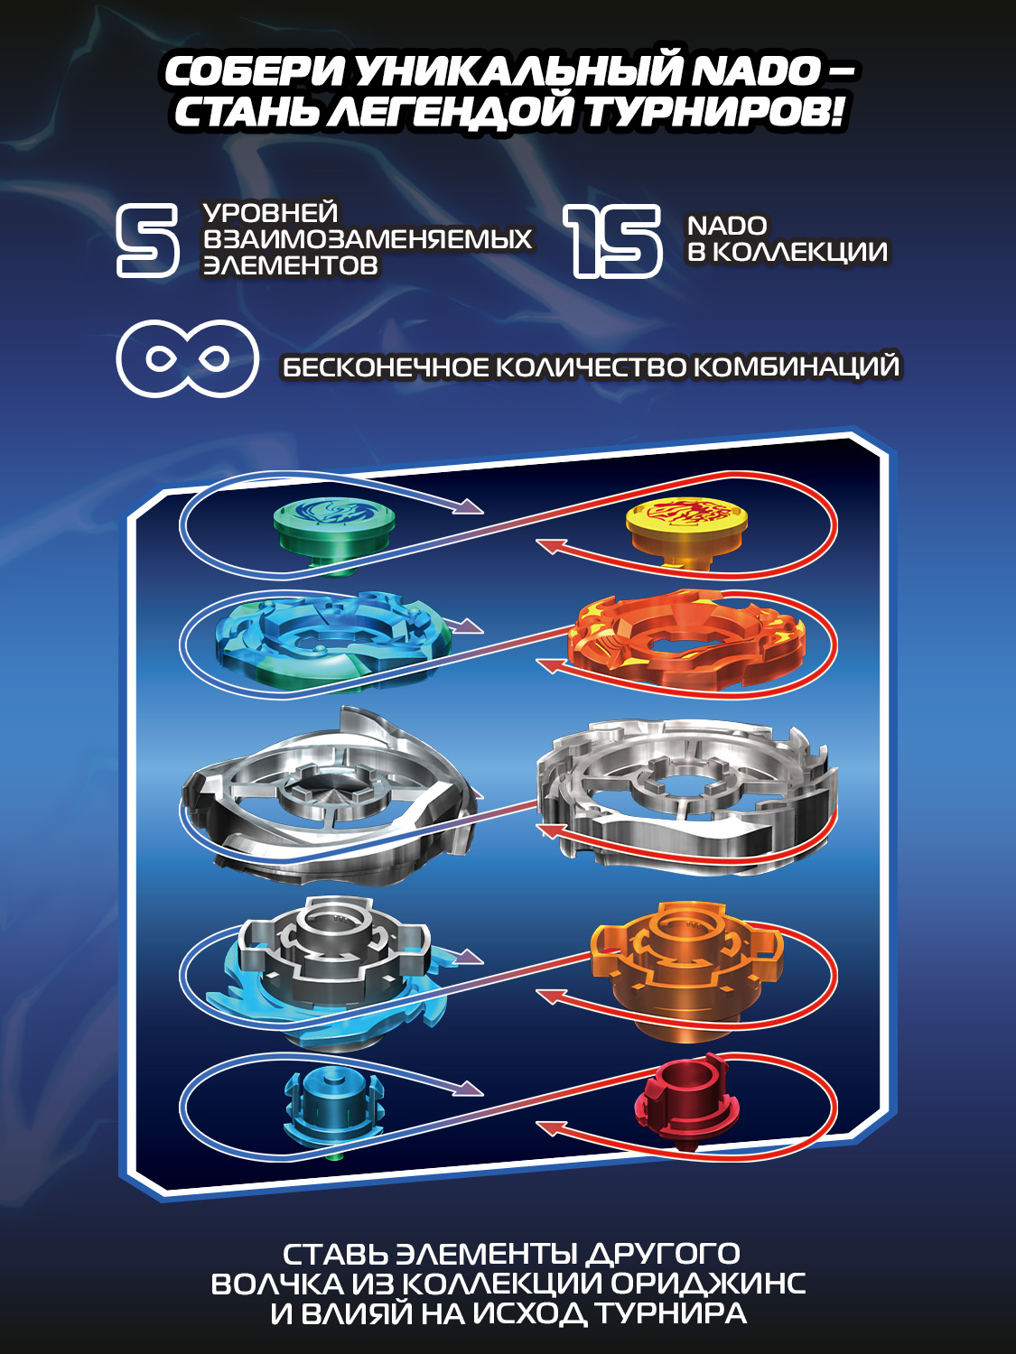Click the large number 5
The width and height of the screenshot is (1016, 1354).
click(x=147, y=239)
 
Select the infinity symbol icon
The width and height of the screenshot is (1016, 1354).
click(x=188, y=358)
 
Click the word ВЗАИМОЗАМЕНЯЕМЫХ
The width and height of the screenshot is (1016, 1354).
click(x=368, y=239)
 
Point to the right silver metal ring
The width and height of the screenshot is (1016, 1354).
click(x=686, y=794)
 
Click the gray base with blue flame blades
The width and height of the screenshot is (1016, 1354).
click(x=330, y=970)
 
